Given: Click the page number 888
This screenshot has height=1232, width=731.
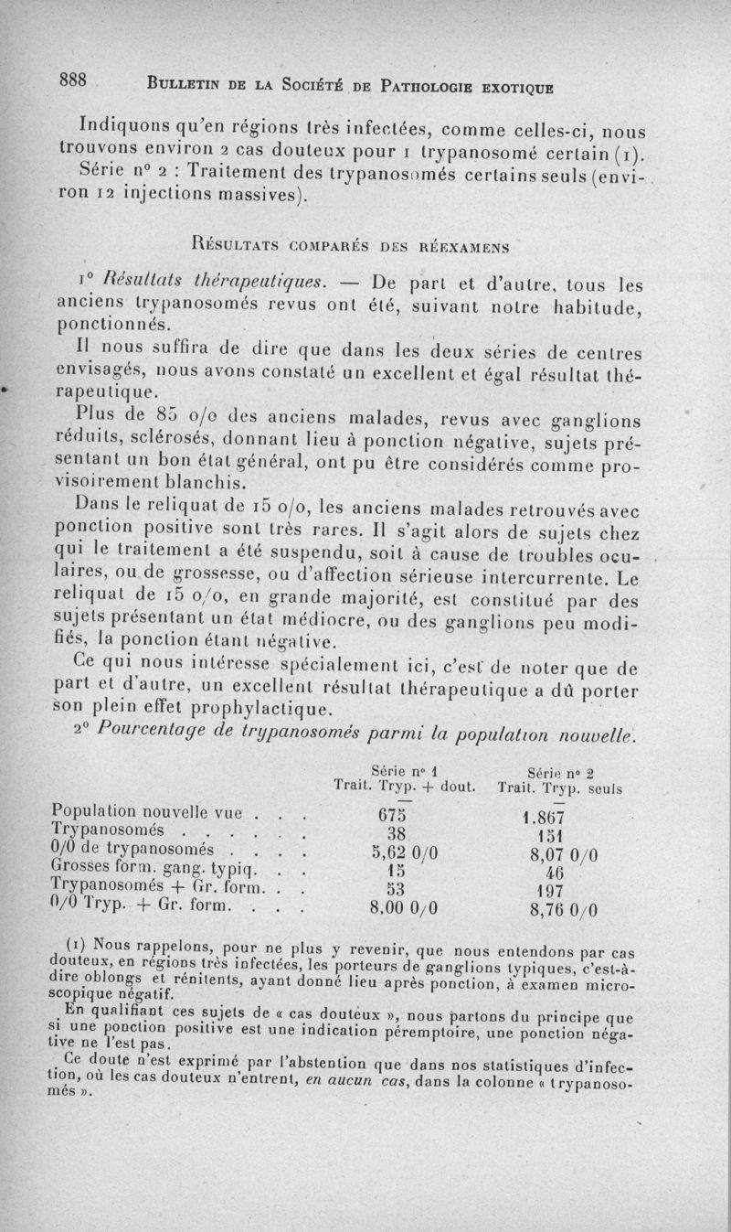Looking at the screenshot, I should tap(73, 80).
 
